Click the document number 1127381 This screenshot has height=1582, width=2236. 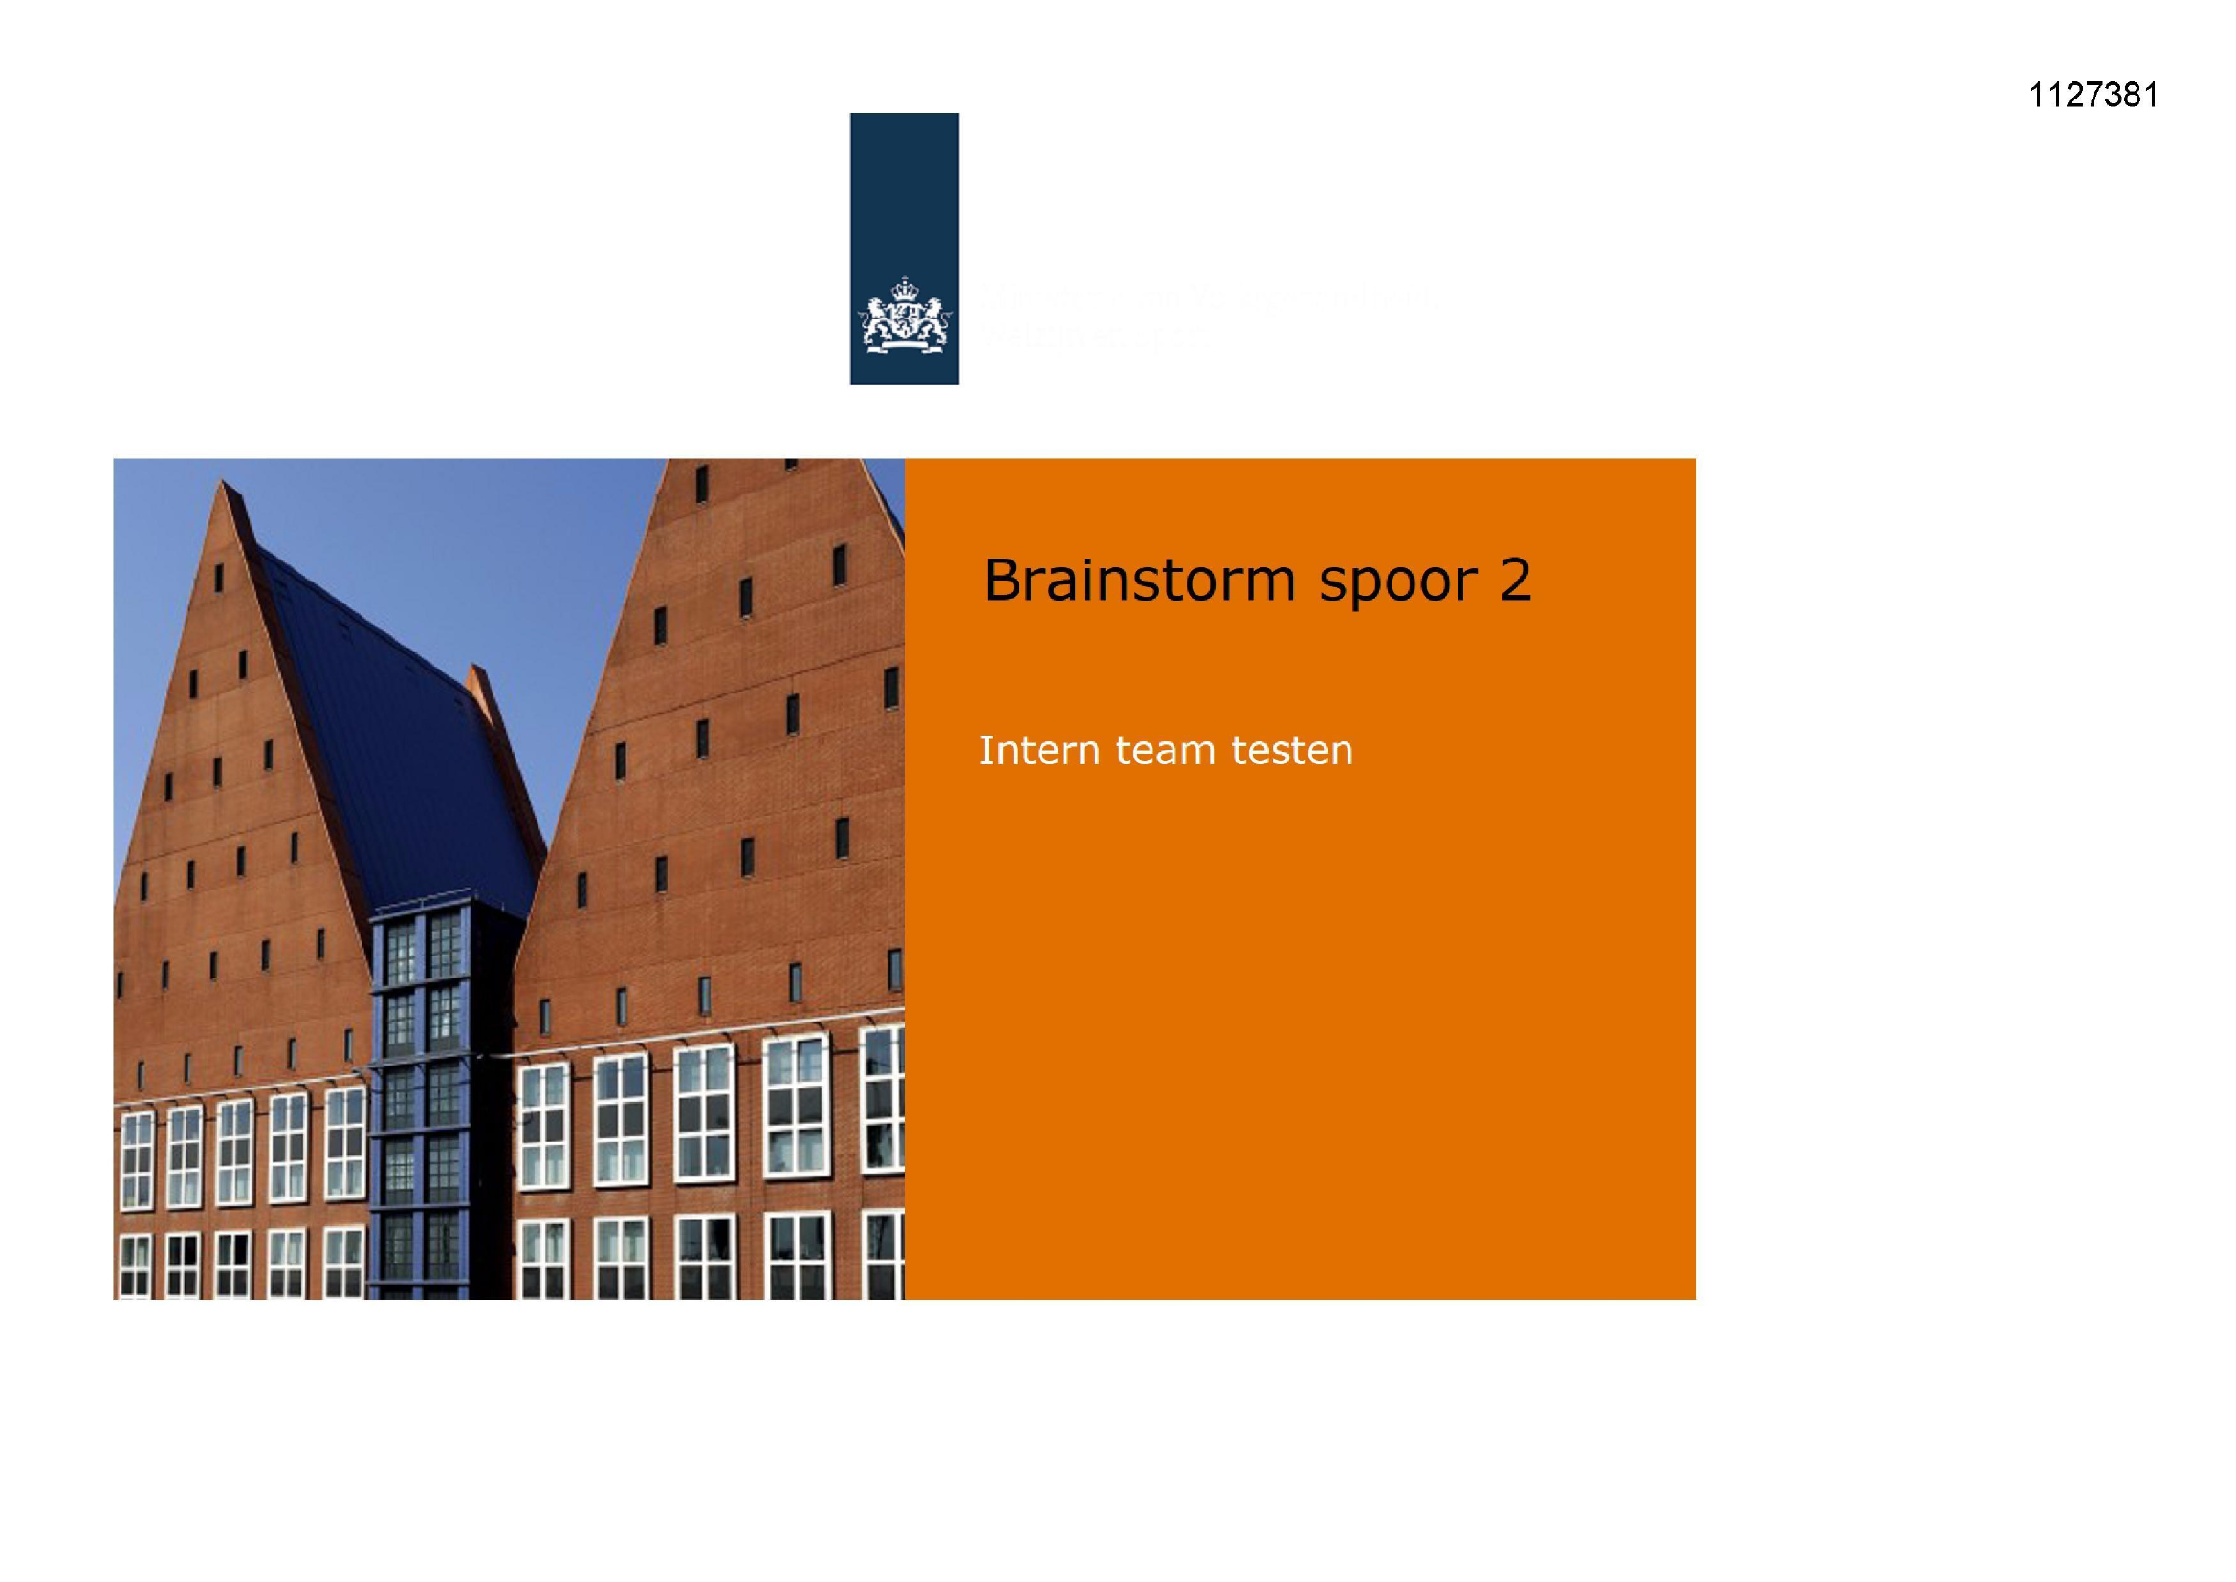coord(2093,96)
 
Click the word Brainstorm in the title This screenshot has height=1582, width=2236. coord(1138,581)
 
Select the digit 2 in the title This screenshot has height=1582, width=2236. coord(1515,581)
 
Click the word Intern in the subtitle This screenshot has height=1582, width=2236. coord(1040,751)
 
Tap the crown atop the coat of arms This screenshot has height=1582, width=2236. coord(905,286)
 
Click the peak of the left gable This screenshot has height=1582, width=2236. coord(225,483)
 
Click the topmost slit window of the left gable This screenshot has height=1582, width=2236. coord(219,578)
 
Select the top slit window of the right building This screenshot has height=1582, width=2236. coord(701,484)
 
